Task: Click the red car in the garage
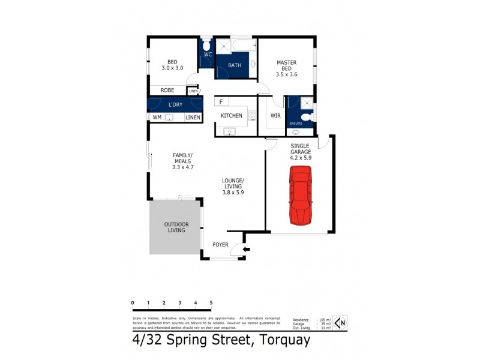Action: (x=301, y=196)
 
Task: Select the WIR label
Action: (x=276, y=115)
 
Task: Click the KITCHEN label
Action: (x=231, y=115)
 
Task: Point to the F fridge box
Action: (x=221, y=102)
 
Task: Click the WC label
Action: (x=208, y=55)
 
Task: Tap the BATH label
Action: (x=234, y=65)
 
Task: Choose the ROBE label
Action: (x=167, y=90)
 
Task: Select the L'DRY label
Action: (x=175, y=105)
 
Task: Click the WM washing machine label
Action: (x=157, y=117)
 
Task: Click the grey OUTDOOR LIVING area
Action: (x=175, y=227)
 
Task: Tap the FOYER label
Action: (x=222, y=245)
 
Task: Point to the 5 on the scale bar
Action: (x=211, y=302)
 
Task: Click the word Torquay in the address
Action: (x=281, y=341)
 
